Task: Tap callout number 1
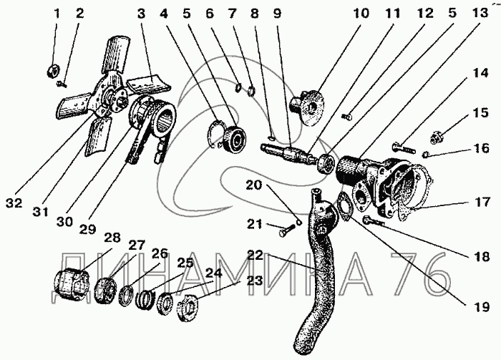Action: pyautogui.click(x=58, y=14)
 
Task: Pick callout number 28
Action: pyautogui.click(x=112, y=237)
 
